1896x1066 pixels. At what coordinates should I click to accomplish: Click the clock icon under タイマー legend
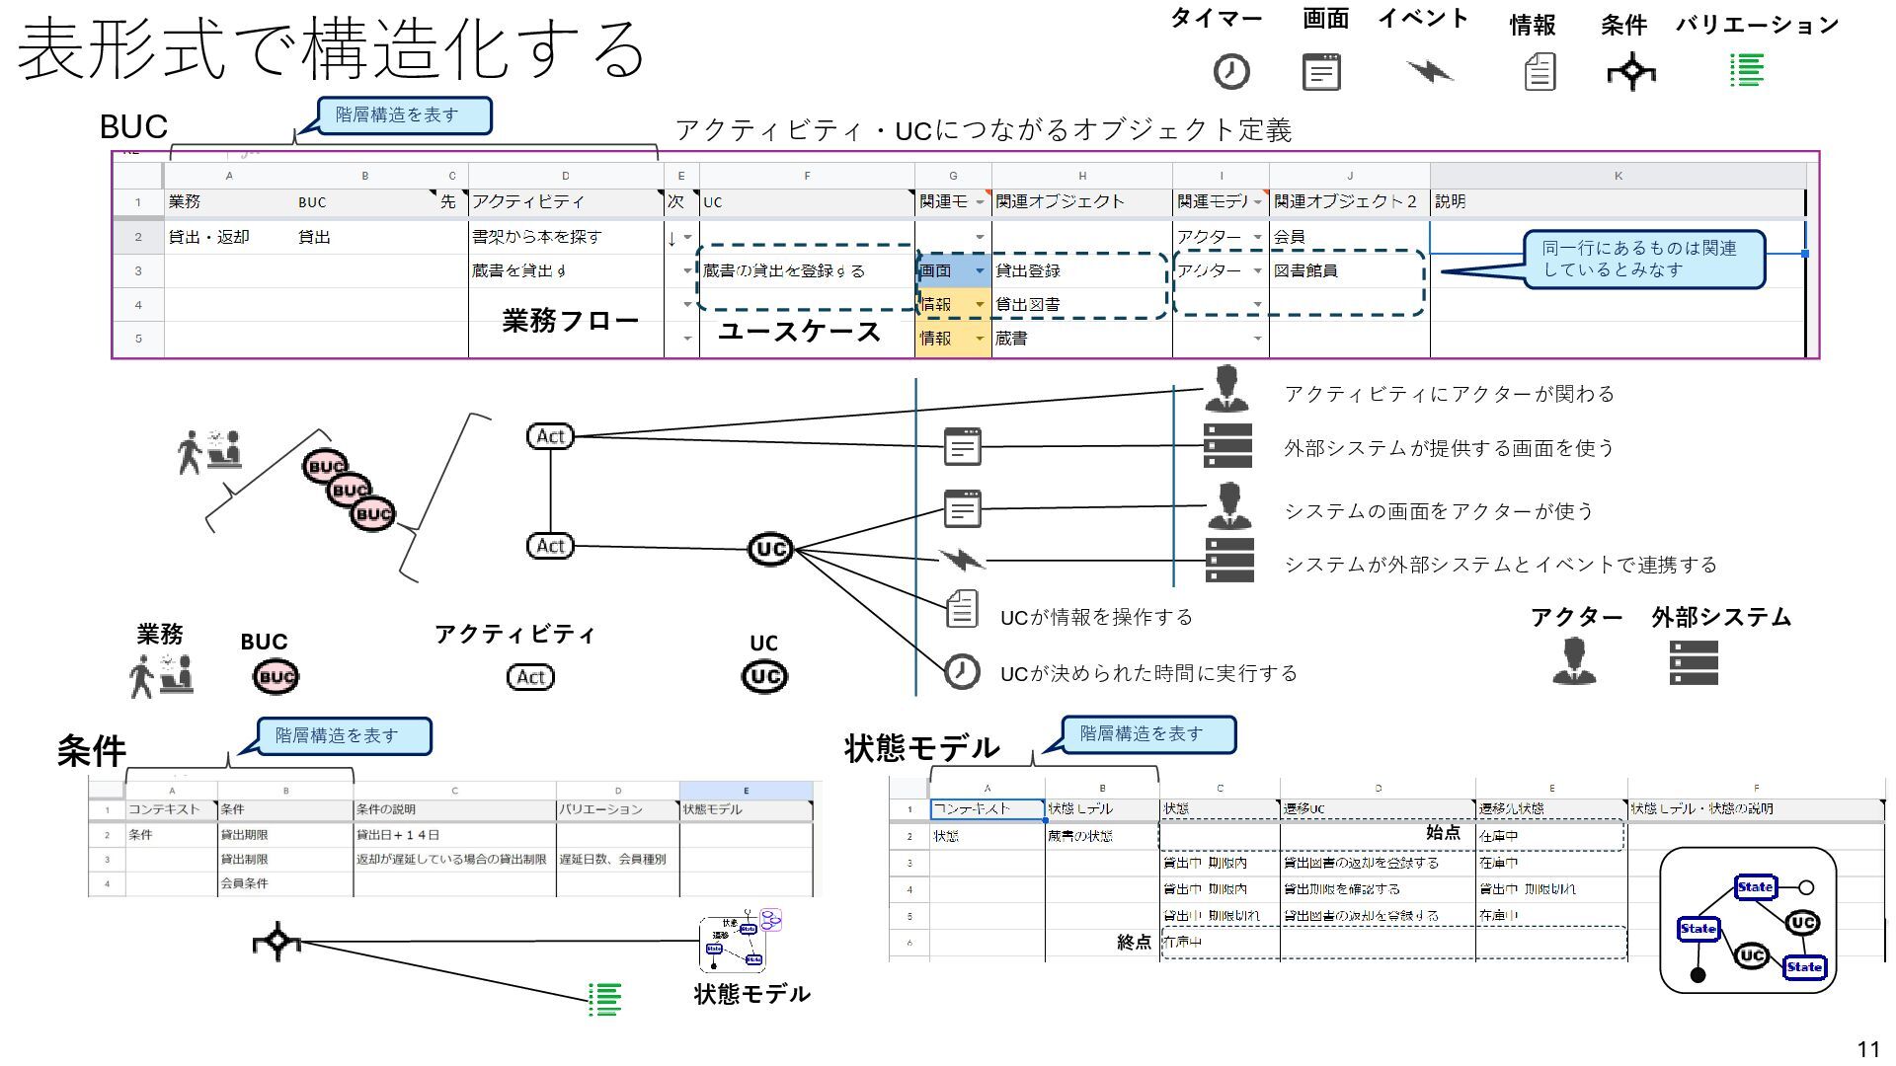click(x=1230, y=72)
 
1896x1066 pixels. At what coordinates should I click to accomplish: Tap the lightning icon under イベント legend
click(x=1429, y=70)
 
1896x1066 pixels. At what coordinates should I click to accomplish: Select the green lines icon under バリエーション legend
click(x=1747, y=70)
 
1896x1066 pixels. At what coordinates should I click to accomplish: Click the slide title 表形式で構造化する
click(x=331, y=47)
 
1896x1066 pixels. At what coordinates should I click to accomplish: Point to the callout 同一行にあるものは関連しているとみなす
click(x=1643, y=260)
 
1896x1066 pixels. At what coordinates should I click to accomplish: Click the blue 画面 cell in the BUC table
click(x=952, y=270)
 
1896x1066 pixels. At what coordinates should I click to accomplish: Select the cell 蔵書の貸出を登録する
click(x=784, y=270)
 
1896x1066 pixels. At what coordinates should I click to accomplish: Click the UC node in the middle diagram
click(x=770, y=549)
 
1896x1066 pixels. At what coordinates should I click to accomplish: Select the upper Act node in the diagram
click(x=550, y=436)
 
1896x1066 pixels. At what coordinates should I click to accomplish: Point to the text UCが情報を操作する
click(x=1096, y=618)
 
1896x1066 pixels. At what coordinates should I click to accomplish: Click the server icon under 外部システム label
click(x=1694, y=662)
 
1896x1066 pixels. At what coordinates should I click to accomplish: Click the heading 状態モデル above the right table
click(x=922, y=748)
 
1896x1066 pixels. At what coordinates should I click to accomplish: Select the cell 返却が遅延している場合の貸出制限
click(x=451, y=860)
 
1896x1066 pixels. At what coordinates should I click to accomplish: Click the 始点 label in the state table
click(x=1443, y=832)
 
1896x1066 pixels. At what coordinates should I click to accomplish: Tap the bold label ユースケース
click(x=799, y=332)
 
